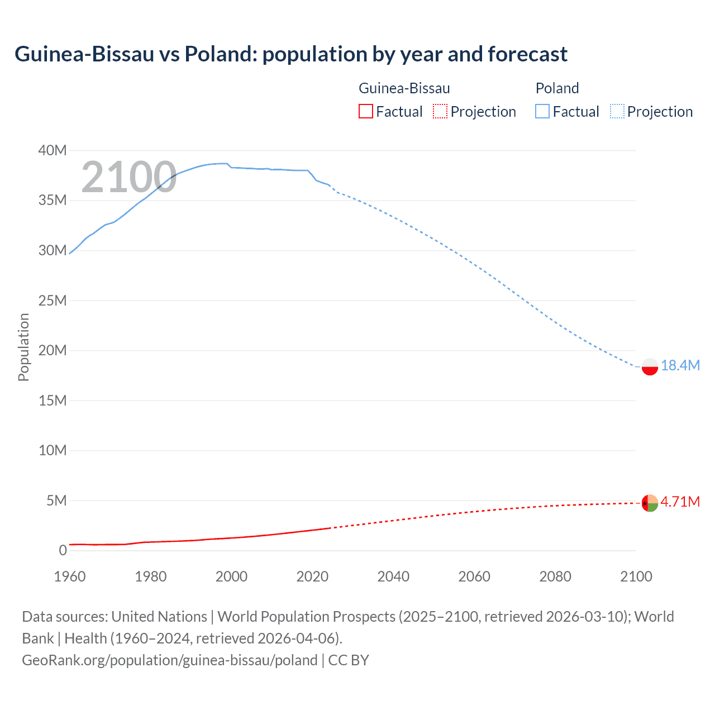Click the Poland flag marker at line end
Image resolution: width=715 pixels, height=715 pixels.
pos(650,366)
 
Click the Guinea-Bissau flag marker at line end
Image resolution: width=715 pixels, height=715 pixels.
pos(650,503)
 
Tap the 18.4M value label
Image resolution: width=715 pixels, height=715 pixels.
pos(680,365)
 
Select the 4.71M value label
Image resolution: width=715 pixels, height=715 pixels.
pos(680,502)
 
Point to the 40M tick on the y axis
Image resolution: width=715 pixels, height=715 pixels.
pos(53,150)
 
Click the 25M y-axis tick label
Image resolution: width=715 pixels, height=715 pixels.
pos(53,301)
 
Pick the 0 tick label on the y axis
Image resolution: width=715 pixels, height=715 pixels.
pos(63,550)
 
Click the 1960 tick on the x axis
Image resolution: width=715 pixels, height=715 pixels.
pos(70,576)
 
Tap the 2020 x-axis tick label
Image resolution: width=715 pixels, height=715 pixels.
pos(312,576)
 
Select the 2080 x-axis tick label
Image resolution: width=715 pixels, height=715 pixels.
pos(555,576)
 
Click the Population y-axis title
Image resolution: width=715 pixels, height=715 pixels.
pos(23,347)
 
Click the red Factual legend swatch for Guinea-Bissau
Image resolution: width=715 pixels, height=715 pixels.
pos(366,111)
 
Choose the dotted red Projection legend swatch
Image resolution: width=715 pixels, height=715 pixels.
pos(440,111)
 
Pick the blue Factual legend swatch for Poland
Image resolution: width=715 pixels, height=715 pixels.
pos(542,111)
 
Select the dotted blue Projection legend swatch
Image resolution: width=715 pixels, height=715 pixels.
pos(617,111)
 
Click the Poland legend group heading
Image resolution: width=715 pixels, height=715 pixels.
pos(557,88)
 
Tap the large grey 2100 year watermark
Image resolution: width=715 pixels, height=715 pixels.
pos(129,177)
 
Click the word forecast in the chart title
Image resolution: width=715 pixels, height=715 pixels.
pos(527,54)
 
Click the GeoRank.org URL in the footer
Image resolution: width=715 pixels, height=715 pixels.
pos(170,660)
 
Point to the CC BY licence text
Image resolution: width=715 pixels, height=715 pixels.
pos(349,660)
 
